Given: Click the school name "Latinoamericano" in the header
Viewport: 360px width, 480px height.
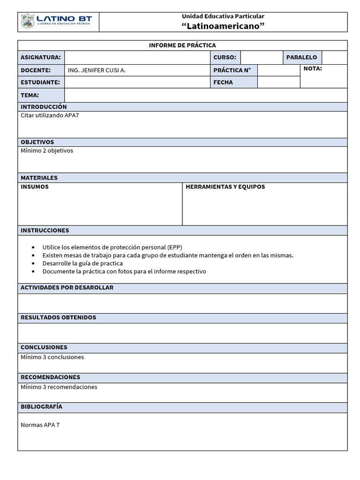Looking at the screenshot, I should coord(223,26).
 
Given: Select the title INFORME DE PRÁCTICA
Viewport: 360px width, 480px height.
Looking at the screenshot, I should coord(182,45).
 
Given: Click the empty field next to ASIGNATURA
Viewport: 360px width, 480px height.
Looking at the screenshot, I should coord(137,58).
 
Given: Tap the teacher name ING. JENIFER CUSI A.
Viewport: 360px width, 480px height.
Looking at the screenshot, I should coord(97,70).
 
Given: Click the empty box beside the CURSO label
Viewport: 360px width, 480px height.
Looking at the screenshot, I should coord(261,58).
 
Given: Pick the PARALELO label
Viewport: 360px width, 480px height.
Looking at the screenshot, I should coord(301,58).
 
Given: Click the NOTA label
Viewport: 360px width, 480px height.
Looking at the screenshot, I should coord(313,69).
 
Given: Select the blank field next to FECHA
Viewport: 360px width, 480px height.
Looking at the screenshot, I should coord(278,82).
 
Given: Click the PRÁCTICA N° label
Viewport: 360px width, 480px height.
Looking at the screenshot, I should coord(232,70).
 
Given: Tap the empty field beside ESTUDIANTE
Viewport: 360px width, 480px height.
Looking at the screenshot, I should coord(137,82).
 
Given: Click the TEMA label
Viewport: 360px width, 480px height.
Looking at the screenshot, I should coord(30,95).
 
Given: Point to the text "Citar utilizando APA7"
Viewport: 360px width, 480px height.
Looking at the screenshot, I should coord(50,115).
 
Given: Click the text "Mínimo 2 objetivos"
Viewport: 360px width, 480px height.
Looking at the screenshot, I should coord(47,150).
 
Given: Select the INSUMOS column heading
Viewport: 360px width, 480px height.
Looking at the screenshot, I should coord(35,187).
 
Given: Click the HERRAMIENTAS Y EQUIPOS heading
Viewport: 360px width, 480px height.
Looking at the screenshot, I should coord(225,187).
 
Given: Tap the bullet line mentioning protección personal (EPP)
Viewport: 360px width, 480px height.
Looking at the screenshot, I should coord(112,247).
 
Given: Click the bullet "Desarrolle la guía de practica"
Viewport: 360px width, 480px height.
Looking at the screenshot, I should coord(82,263).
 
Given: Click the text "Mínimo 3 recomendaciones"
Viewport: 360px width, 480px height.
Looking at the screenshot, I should coord(59,387).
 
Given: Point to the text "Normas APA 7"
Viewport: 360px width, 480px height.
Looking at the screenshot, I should coord(40,425).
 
